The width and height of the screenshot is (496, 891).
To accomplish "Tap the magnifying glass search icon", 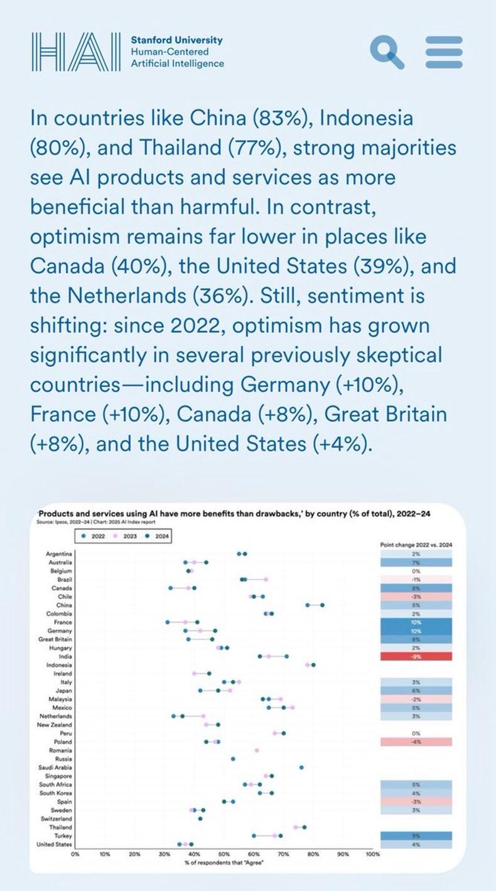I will pos(386,52).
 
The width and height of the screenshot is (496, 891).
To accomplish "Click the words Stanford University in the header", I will pos(176,40).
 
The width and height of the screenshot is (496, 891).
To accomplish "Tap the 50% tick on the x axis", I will pos(224,854).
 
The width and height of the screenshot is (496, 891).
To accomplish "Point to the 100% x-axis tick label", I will pos(372,854).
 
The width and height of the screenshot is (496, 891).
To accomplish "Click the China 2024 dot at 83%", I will pos(322,605).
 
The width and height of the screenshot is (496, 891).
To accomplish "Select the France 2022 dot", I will pos(167,622).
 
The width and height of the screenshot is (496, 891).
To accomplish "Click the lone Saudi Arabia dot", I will pos(301,767).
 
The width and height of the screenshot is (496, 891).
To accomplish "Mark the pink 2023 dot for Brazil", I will pos(266,579).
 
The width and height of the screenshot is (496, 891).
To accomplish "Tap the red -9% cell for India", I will pos(416,657).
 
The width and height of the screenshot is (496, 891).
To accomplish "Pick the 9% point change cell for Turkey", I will pos(416,836).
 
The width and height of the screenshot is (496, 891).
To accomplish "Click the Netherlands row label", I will pos(55,716).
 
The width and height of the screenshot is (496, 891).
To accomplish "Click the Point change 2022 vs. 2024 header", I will pos(416,545).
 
